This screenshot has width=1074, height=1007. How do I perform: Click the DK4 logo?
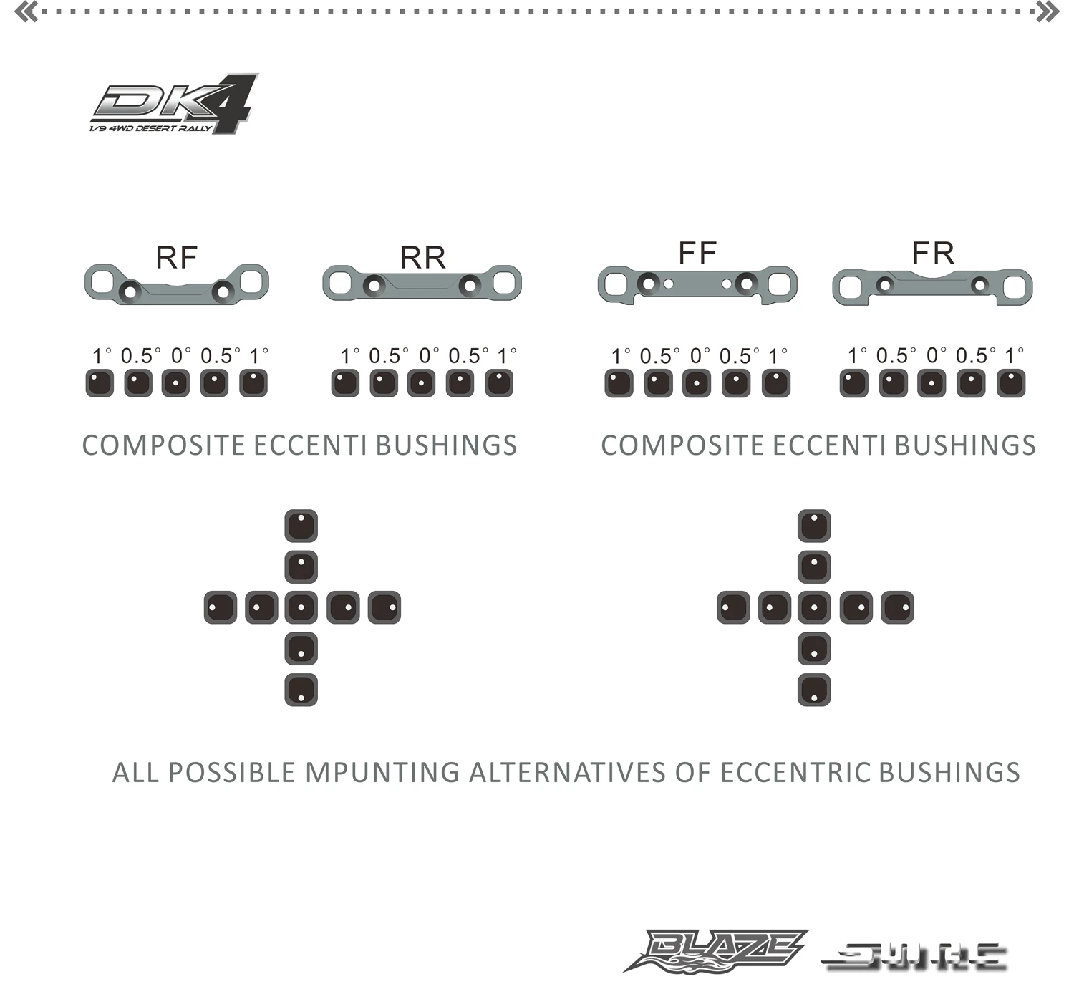click(x=174, y=105)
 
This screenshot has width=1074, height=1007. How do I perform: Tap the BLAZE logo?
click(x=716, y=951)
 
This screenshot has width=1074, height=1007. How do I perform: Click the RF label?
click(x=176, y=257)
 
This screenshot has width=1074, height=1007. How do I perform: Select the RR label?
click(x=422, y=258)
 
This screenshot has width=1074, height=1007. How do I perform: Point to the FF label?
click(x=697, y=253)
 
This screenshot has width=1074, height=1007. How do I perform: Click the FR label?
click(x=933, y=253)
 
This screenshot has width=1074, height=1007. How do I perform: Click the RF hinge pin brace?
click(x=176, y=284)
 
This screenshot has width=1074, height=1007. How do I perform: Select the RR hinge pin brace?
click(x=422, y=284)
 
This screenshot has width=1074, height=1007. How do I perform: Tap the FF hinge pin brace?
click(x=697, y=284)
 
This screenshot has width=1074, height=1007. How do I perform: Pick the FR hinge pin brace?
click(x=932, y=286)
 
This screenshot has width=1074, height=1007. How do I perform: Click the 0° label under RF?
click(x=180, y=355)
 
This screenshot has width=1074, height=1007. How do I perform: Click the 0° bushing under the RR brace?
click(x=421, y=383)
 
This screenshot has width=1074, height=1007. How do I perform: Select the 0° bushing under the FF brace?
click(x=697, y=383)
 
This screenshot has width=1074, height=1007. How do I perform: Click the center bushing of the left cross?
click(x=301, y=607)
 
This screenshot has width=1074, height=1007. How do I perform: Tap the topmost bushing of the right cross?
click(x=814, y=526)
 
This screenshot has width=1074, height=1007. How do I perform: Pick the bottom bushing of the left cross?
click(x=301, y=690)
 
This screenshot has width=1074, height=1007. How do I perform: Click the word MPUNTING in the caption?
click(x=382, y=773)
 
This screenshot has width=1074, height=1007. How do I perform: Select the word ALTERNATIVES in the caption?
click(x=568, y=773)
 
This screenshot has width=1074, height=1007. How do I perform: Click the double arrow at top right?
click(x=1048, y=11)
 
